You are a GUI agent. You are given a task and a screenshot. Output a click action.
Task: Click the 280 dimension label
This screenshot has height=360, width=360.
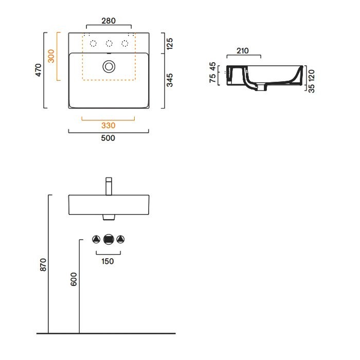pyautogui.click(x=109, y=21)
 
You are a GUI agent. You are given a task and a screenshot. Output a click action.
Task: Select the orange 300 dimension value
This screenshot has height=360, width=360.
pyautogui.click(x=51, y=56)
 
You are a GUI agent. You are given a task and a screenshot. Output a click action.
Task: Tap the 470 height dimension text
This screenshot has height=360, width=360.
pyautogui.click(x=38, y=70)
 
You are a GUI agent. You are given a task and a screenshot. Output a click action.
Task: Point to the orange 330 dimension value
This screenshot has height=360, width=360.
pyautogui.click(x=108, y=125)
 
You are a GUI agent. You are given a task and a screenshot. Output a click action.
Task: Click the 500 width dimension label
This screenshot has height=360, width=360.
pyautogui.click(x=108, y=138)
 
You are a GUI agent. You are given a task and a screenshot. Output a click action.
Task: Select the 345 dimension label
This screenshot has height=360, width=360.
pyautogui.click(x=170, y=80)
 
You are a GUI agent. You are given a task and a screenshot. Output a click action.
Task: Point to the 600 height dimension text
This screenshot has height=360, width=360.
pyautogui.click(x=74, y=279)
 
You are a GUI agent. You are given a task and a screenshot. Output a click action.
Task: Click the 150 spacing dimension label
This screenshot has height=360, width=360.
pyautogui.click(x=108, y=261)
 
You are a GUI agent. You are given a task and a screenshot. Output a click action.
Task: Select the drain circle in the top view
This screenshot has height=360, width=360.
pyautogui.click(x=109, y=66)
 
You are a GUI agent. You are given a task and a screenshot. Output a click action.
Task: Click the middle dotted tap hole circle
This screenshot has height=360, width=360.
pyautogui.click(x=109, y=43)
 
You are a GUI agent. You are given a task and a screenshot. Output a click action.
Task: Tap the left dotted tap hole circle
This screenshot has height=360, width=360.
pyautogui.click(x=93, y=43)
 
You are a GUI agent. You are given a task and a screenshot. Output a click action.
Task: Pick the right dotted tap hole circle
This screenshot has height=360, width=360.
pyautogui.click(x=124, y=43)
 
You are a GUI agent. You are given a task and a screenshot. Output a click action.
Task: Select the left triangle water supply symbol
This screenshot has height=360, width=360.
pyautogui.click(x=96, y=239)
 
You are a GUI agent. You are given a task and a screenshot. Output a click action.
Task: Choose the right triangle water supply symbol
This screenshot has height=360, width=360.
pyautogui.click(x=120, y=239)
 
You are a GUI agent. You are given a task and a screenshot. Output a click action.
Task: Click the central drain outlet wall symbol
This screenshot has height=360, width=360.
pyautogui.click(x=108, y=239)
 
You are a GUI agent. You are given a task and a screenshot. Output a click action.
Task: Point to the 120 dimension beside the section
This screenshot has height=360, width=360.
pyautogui.click(x=312, y=74)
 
